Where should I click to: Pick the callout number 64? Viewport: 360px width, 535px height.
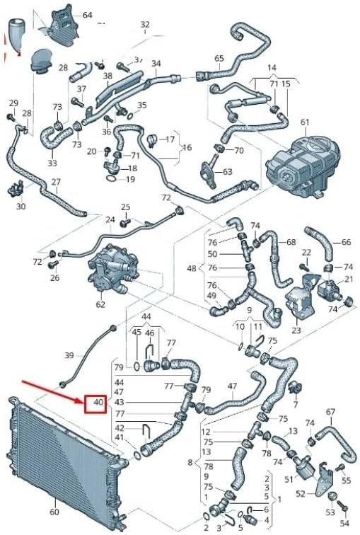(x=87, y=15)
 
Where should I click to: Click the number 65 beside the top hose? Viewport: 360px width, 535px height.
(x=219, y=58)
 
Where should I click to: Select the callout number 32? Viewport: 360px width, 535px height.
(x=145, y=24)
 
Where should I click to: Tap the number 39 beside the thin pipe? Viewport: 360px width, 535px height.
(x=69, y=355)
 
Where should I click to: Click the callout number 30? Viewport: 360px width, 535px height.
(x=21, y=206)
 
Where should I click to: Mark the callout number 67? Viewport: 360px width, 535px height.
(x=330, y=412)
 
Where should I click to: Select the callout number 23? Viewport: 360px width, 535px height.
(x=295, y=329)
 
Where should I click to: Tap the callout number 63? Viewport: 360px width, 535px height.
(x=227, y=172)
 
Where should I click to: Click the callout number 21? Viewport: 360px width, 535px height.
(x=349, y=281)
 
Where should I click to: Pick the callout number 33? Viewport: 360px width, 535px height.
(x=52, y=163)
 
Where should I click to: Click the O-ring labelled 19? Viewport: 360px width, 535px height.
(x=112, y=179)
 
